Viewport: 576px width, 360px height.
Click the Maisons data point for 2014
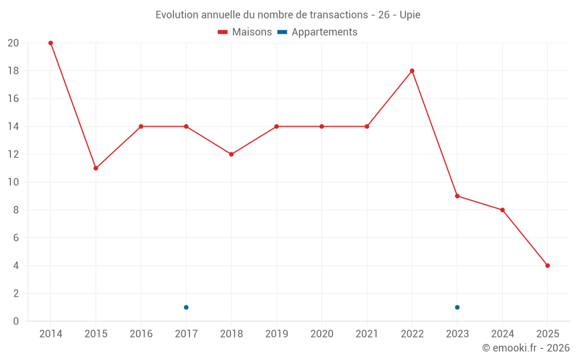pos(51,43)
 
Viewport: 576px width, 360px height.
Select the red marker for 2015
pos(96,168)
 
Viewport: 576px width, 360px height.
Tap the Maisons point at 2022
pos(412,71)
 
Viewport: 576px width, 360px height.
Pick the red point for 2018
pos(232,154)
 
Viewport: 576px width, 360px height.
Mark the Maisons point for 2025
pos(548,266)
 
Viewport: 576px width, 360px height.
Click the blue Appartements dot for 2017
pos(186,307)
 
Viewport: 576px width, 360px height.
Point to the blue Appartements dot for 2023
pos(457,307)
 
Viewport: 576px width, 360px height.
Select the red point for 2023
pos(457,196)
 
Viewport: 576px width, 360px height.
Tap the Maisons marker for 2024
pos(502,210)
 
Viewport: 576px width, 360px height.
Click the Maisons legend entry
pos(245,32)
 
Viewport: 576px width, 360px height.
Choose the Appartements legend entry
pos(317,32)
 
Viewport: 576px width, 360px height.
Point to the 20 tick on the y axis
pos(13,43)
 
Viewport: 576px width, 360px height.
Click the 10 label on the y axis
pos(13,182)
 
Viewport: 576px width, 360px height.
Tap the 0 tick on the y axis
pos(16,321)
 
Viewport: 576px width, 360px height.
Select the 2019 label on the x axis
pos(276,334)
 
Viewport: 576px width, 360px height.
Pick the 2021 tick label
pos(367,334)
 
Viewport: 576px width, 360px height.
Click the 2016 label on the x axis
pos(141,334)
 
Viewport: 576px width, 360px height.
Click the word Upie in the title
pos(410,15)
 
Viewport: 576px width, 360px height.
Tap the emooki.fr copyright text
pos(526,348)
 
